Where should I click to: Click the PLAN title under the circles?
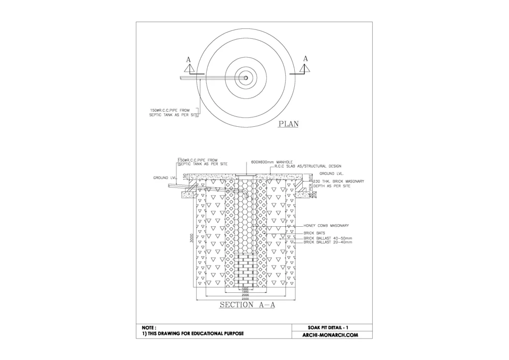coord(288,124)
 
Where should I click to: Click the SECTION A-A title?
coord(247,305)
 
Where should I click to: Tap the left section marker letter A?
coord(188,59)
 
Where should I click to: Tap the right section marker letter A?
coord(305,59)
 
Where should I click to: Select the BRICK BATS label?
coord(314,233)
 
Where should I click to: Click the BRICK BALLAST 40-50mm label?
coord(328,238)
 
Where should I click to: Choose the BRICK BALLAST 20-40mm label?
coord(328,242)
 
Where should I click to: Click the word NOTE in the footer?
coord(149,328)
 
